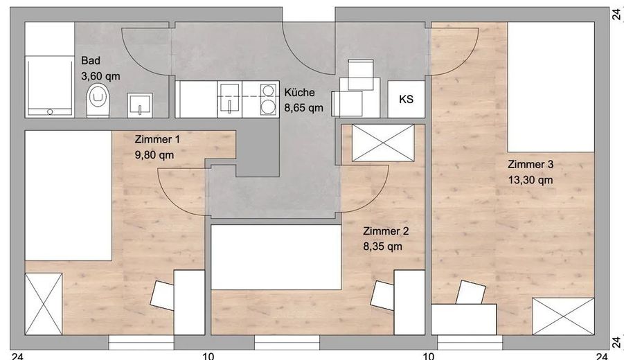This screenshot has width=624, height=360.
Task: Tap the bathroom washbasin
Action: point(140,105)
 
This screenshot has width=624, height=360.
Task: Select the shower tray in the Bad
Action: point(49,87)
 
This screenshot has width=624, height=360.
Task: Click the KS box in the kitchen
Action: point(407,99)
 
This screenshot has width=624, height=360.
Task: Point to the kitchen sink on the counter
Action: point(230,100)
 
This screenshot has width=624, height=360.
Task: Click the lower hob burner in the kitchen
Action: point(268,107)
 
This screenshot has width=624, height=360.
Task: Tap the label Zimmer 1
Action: point(157,140)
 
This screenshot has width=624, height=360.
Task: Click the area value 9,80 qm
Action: point(154,155)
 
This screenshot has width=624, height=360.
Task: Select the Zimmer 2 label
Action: point(386,231)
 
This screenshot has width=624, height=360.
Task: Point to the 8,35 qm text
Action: point(382,246)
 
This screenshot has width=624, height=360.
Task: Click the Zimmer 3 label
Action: point(531,164)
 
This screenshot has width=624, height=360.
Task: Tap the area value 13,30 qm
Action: point(531,180)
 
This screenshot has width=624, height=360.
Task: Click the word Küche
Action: point(299,92)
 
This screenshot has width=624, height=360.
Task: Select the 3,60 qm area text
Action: point(100,76)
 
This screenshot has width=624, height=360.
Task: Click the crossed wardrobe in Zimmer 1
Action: point(44,304)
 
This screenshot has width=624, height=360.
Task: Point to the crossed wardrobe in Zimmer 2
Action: point(383,143)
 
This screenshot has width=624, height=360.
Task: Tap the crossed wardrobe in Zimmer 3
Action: point(563,316)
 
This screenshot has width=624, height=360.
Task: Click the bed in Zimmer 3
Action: point(551,87)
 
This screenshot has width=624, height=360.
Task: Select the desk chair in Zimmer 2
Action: point(382,295)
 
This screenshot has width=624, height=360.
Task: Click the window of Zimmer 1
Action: point(141,342)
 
